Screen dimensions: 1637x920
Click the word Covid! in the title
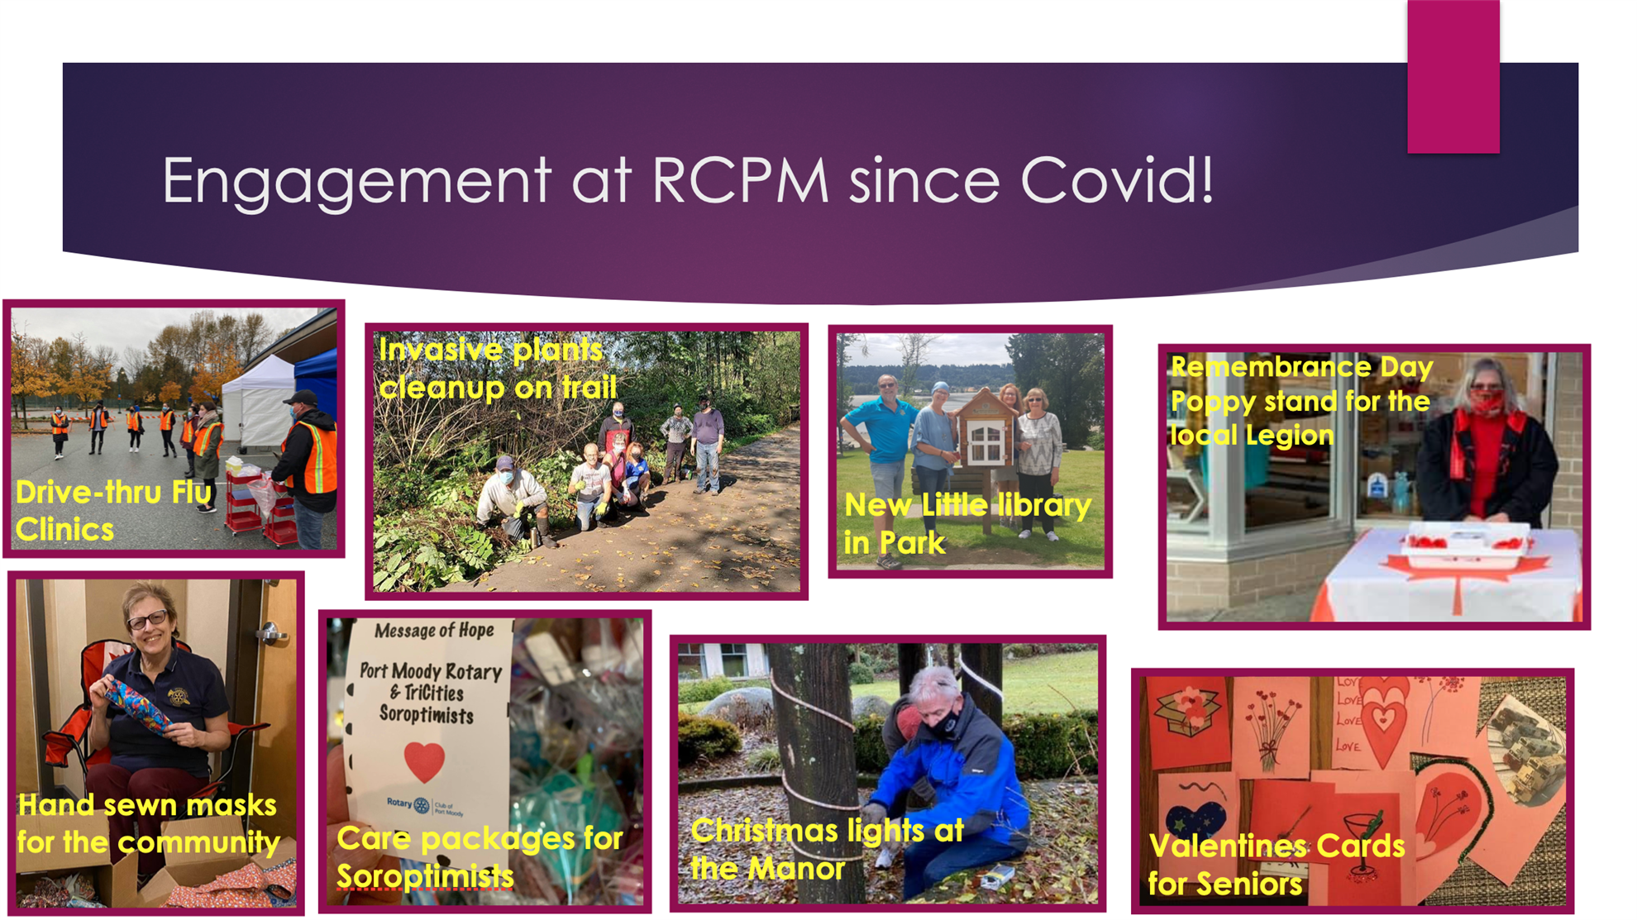(x=1117, y=179)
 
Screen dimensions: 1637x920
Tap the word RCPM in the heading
(x=741, y=179)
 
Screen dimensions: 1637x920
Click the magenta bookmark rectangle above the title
(x=1453, y=76)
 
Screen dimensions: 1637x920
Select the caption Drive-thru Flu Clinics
(x=113, y=511)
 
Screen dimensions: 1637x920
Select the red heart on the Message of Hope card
(x=424, y=761)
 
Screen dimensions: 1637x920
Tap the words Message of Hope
(x=434, y=631)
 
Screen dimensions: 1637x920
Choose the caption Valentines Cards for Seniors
(x=1277, y=865)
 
